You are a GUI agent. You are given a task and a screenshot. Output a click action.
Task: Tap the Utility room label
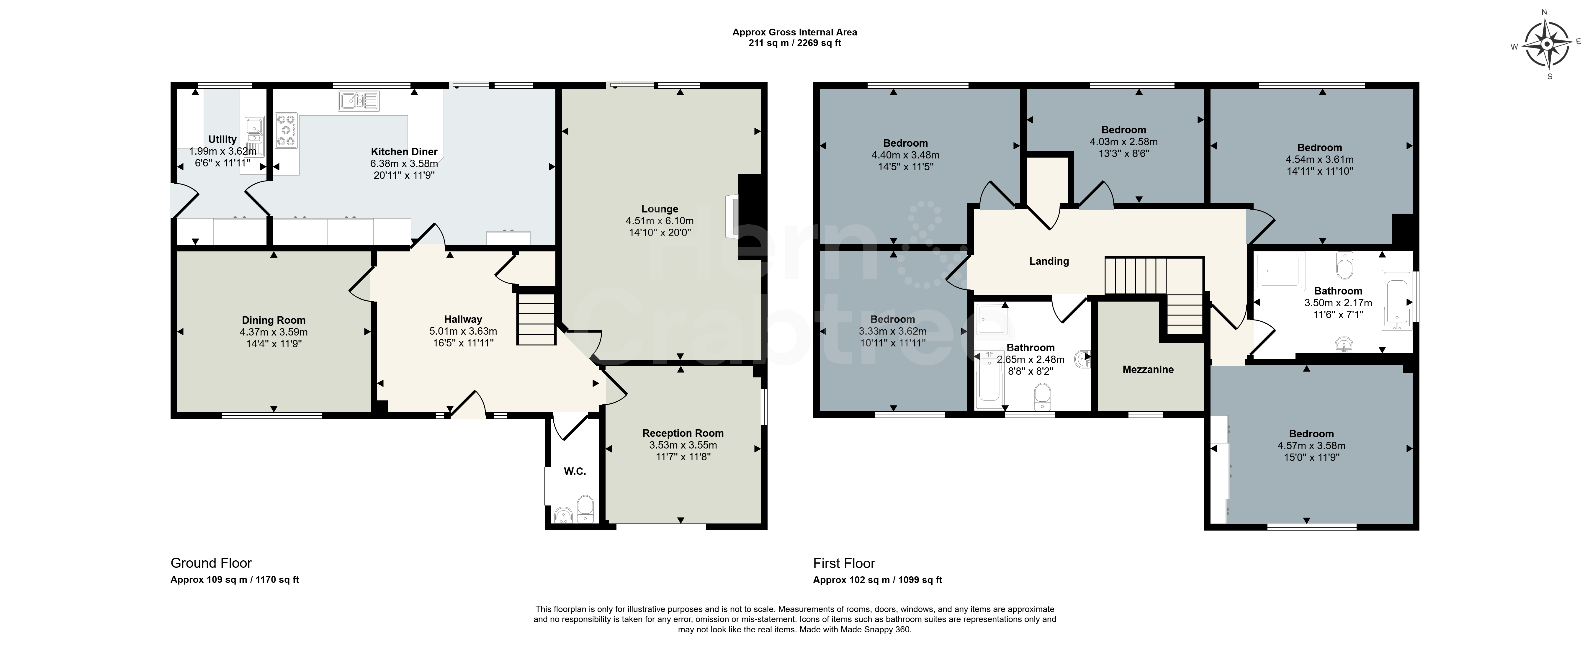point(222,140)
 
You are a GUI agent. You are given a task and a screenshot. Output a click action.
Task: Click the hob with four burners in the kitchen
point(286,130)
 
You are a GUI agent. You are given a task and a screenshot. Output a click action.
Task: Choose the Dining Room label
point(274,320)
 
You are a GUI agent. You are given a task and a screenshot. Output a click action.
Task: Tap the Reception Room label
point(683,433)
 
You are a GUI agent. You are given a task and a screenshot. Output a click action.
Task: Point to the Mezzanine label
point(1148,370)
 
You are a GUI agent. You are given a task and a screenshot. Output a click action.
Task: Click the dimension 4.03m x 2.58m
point(1123,142)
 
